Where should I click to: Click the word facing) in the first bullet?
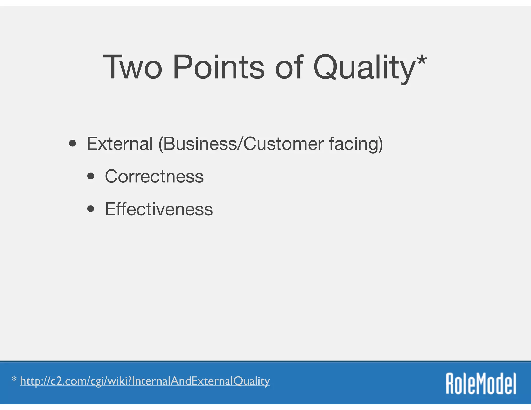pos(356,144)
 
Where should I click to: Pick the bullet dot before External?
pos(73,144)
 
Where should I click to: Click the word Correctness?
pos(154,176)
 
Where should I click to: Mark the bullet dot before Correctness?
pos(91,176)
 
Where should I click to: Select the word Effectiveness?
pos(159,209)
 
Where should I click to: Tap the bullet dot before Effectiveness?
pos(91,209)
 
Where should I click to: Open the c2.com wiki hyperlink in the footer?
pos(145,381)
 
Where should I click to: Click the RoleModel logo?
pos(481,384)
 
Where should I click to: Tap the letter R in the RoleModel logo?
pos(451,384)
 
